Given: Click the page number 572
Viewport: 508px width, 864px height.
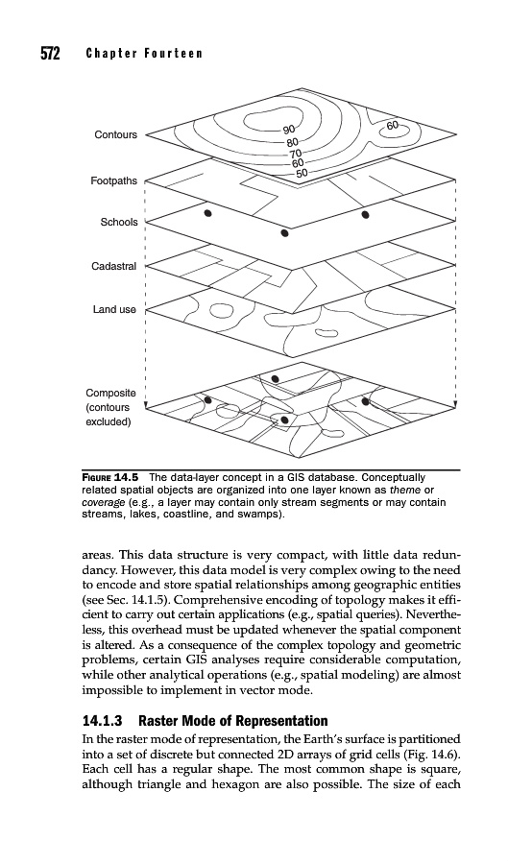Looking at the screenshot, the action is [x=50, y=54].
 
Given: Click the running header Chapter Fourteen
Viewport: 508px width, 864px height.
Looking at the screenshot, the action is [x=144, y=54].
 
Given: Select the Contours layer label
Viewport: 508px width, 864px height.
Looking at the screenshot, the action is [x=115, y=135].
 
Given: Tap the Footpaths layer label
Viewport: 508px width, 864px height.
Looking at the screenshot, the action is [x=113, y=180].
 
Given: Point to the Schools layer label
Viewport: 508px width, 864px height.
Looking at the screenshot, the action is [x=119, y=222].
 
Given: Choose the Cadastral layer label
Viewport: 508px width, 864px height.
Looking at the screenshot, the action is [x=113, y=266].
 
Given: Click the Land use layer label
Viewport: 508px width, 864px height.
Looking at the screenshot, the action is [x=114, y=310].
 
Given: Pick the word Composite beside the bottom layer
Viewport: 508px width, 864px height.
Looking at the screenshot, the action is [x=110, y=393].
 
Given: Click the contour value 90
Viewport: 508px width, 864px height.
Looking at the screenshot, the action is [x=289, y=130].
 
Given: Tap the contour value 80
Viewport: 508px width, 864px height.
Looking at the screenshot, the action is [x=292, y=142].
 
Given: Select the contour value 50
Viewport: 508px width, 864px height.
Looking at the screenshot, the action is [x=302, y=173].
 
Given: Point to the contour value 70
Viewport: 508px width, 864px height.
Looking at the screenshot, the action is [x=296, y=154].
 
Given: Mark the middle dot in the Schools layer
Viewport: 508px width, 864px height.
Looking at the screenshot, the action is [x=284, y=232].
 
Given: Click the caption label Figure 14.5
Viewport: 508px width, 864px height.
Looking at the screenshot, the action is [x=110, y=476].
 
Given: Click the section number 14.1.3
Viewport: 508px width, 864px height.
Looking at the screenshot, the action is [x=102, y=721].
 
